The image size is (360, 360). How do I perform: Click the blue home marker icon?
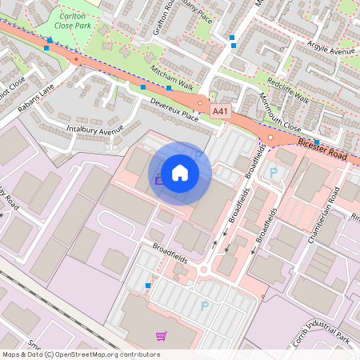(180, 173)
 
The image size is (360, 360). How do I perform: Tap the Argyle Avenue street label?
(330, 51)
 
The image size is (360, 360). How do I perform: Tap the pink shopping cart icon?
(162, 337)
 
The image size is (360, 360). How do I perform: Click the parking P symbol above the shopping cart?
(205, 306)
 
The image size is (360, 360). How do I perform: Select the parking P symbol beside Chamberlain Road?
(274, 172)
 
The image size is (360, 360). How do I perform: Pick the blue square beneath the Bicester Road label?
(317, 141)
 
